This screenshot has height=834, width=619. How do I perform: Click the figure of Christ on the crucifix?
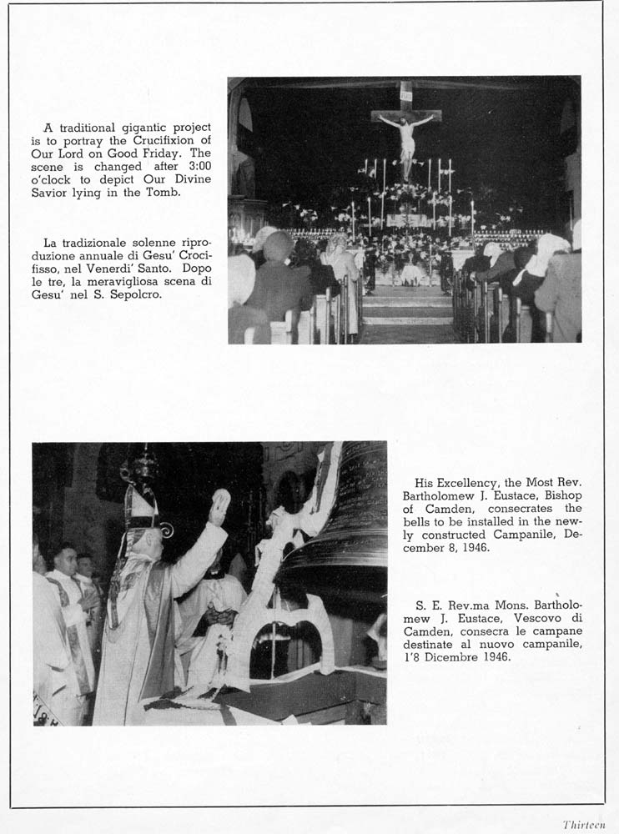click(406, 142)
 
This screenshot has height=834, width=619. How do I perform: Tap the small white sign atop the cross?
click(405, 95)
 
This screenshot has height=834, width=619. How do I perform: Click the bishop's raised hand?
click(220, 507)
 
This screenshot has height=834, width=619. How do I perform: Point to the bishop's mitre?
click(141, 510)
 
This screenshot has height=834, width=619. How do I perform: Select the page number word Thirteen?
click(584, 824)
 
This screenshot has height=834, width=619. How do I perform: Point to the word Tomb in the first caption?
click(163, 193)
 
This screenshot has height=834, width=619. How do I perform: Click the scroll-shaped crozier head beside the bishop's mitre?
click(166, 529)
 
